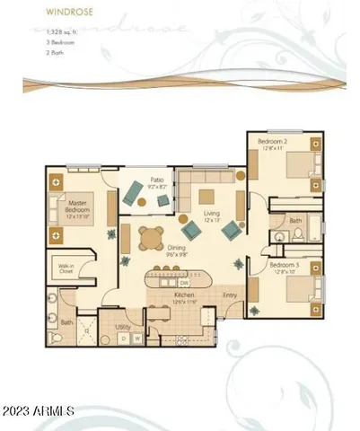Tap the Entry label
tap(229, 295)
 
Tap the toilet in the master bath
tap(57, 336)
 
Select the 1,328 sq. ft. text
tap(41, 31)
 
